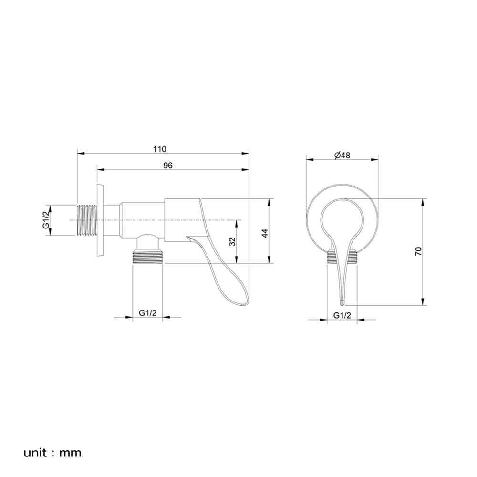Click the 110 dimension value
pos(160,149)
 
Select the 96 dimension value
pos(168,165)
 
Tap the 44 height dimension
pos(265,233)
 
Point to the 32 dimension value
pos(232,241)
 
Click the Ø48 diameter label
pos(342,155)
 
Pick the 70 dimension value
pos(419,251)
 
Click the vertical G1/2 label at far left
pos(46,220)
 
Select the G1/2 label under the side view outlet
pos(147,312)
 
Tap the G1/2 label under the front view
pos(342,315)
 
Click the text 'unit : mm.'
pos(53,453)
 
